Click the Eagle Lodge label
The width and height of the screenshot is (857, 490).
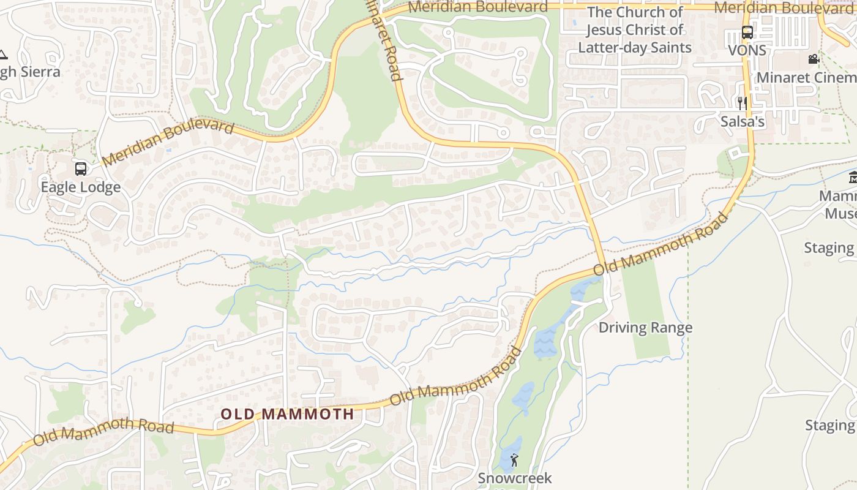[80, 187]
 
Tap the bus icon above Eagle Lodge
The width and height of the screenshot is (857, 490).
[80, 168]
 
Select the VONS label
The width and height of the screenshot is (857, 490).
[747, 50]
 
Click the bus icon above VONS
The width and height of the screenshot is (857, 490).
[747, 32]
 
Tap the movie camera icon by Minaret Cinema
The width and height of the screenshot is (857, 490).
[814, 59]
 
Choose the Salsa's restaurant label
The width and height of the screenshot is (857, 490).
[742, 121]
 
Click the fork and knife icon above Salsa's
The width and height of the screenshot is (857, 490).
[742, 102]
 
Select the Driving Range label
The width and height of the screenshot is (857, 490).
[645, 328]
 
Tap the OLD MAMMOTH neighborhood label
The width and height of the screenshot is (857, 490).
[287, 414]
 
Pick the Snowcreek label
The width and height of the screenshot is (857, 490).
[515, 478]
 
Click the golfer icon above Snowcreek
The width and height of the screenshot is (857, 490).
[514, 459]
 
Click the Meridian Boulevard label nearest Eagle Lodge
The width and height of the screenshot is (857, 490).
[168, 143]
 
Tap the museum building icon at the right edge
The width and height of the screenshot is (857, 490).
[853, 178]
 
